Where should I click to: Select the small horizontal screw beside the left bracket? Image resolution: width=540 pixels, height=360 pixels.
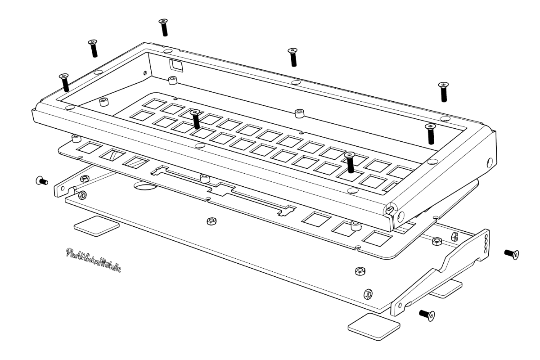pos(41,181)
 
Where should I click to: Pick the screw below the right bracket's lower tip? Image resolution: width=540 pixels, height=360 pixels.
pos(427,315)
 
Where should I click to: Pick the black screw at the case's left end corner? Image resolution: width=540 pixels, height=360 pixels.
pos(64,82)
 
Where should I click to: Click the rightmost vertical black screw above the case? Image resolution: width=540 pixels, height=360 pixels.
pos(444,91)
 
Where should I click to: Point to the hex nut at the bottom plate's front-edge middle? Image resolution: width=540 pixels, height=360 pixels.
pos(210,221)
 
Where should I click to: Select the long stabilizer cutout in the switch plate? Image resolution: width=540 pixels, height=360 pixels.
pos(224,188)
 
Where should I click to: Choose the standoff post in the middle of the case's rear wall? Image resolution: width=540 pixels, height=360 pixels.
pos(297,112)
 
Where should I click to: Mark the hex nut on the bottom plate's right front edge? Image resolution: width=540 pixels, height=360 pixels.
pos(360,271)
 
